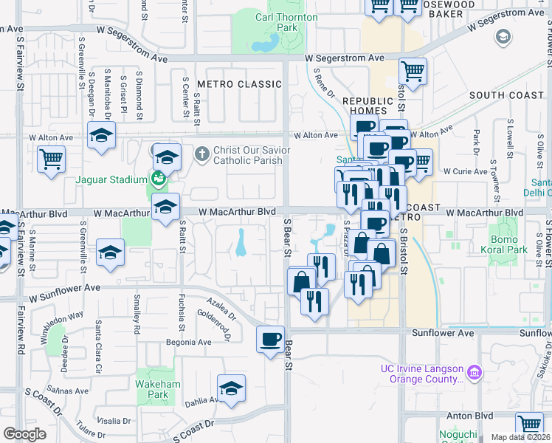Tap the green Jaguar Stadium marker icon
click(157, 178)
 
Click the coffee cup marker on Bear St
click(270, 339)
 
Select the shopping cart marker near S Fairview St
click(51, 159)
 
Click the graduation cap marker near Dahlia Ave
click(231, 388)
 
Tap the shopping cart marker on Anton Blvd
click(530, 425)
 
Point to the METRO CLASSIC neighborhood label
click(240, 84)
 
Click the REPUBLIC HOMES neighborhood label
click(365, 106)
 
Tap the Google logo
click(24, 434)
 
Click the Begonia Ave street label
click(188, 343)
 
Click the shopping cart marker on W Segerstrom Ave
click(413, 72)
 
